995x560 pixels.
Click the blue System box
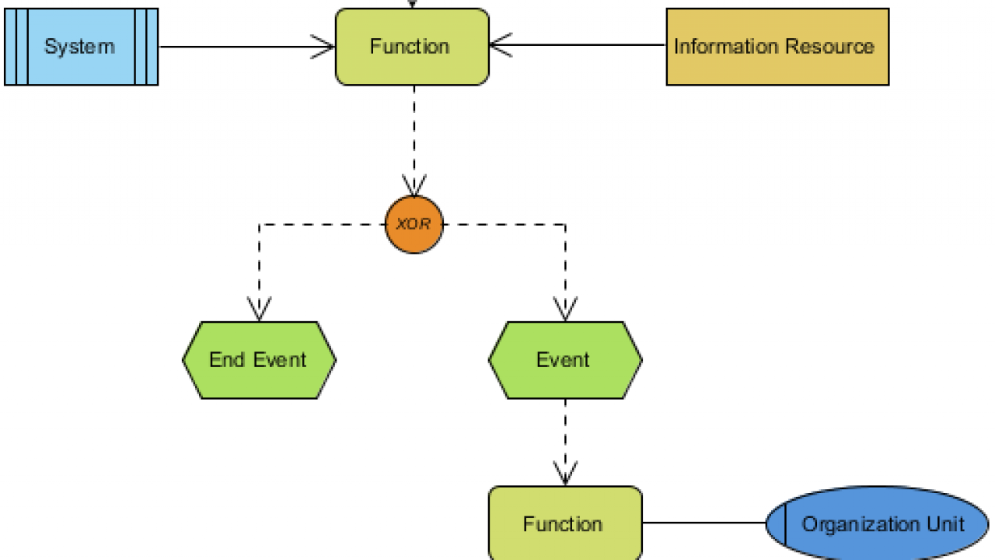(x=81, y=47)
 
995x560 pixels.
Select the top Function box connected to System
(x=412, y=47)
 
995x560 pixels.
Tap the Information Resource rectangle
(x=777, y=47)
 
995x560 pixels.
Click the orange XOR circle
(x=414, y=224)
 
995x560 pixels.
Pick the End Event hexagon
(x=259, y=360)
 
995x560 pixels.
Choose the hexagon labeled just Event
(x=565, y=360)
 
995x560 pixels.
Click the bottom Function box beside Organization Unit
(x=565, y=523)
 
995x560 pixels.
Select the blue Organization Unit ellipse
(x=878, y=523)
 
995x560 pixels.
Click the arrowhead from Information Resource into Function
(x=500, y=45)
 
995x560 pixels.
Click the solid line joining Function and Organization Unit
(x=703, y=523)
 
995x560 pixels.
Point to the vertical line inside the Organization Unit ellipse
(x=785, y=525)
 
